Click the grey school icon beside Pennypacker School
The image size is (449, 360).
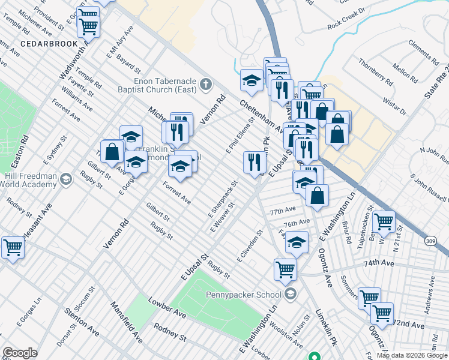tap(291, 293)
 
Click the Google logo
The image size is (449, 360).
tap(20, 353)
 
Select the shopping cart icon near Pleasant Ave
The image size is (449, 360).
tap(13, 247)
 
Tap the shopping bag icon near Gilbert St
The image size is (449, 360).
tap(112, 151)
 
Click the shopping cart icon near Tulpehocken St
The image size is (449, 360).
tap(384, 221)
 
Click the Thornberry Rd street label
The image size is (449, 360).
tap(375, 71)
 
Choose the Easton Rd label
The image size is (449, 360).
tap(25, 146)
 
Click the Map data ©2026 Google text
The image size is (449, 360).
tap(412, 355)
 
